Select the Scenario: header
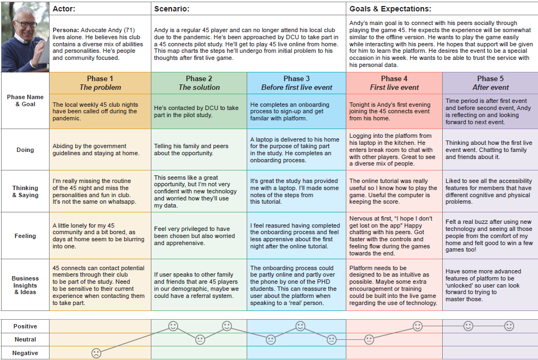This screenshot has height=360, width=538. coord(172,9)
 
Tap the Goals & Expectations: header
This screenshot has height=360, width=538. coord(390,9)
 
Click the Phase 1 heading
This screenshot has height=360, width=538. coord(100,78)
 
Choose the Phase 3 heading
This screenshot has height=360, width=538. coord(296,78)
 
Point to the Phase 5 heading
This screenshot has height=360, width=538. coord(490,78)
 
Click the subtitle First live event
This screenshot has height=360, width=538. coord(394,87)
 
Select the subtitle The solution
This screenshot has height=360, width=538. coord(199,87)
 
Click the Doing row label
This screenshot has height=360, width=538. coord(25,150)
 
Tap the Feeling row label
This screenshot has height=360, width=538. coord(25,236)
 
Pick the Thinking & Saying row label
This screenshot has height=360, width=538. coord(25,191)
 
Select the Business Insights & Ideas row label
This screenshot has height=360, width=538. coord(25,285)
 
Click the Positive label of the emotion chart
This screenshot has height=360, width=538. coord(25,326)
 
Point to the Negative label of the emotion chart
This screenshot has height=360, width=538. coord(25,353)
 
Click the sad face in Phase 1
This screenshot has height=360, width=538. coord(96,352)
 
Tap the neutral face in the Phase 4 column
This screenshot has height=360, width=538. coord(369,339)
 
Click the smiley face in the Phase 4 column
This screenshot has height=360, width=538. coord(418,326)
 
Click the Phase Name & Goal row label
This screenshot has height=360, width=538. coord(25,100)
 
